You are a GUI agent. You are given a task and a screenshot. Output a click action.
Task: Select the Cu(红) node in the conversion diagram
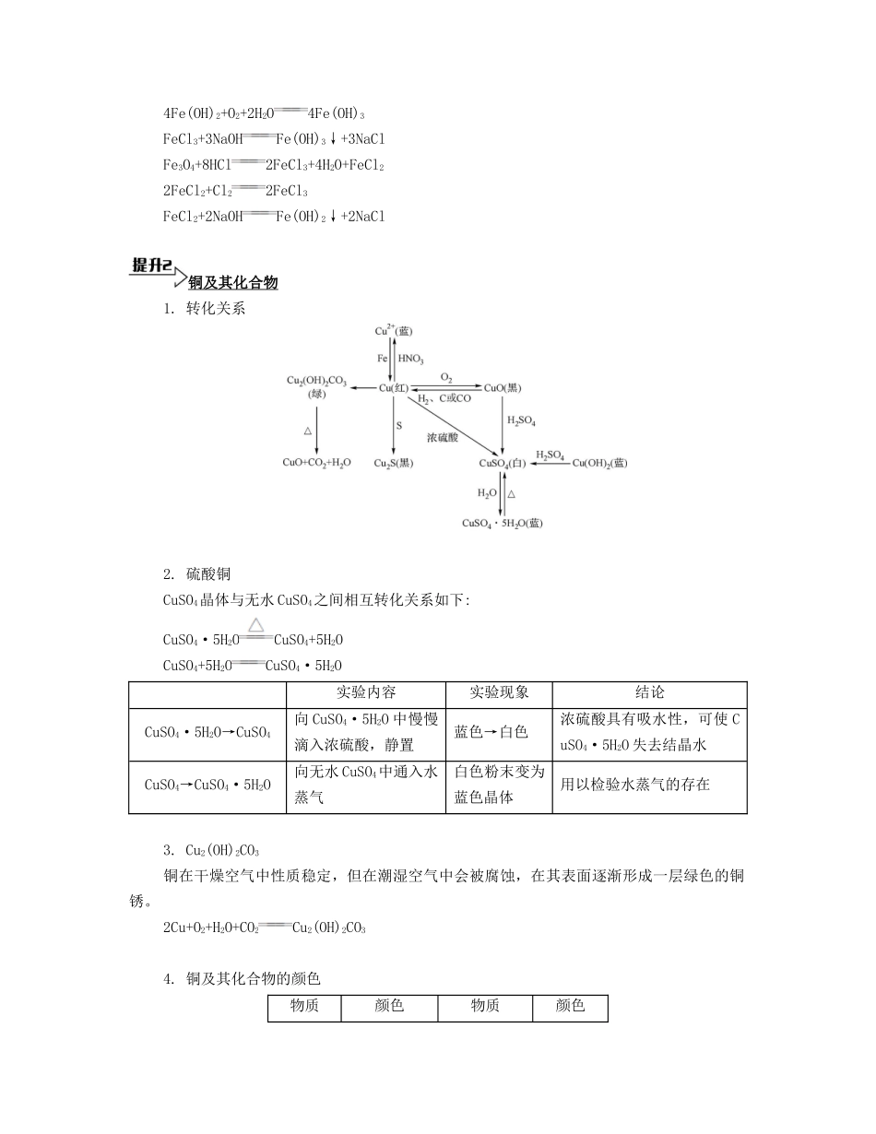click(x=394, y=388)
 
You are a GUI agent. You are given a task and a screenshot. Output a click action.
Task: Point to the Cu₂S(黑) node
click(x=394, y=463)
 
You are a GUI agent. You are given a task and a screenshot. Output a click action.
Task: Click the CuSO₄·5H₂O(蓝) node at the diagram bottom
click(x=503, y=523)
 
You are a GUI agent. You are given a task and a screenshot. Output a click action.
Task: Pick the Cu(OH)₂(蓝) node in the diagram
click(x=599, y=463)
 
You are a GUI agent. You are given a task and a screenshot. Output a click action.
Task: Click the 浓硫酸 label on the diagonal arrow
click(x=443, y=437)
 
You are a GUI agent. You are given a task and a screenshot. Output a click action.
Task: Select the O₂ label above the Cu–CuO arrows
click(x=446, y=378)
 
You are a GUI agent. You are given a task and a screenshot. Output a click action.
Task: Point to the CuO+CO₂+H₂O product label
click(x=316, y=463)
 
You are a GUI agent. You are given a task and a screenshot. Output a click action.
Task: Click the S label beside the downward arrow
click(x=399, y=425)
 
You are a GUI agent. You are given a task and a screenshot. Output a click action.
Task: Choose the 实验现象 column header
click(x=499, y=692)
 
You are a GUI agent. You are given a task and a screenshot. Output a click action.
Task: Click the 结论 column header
click(x=649, y=692)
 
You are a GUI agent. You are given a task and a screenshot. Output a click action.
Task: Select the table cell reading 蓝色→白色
click(x=491, y=732)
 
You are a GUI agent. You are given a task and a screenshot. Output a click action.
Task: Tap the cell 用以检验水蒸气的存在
click(x=635, y=786)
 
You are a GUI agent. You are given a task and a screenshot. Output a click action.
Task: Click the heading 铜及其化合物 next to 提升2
click(x=233, y=283)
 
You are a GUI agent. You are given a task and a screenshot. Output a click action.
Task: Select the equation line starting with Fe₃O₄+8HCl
click(x=273, y=165)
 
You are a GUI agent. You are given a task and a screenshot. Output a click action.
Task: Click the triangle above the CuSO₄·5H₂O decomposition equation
click(x=256, y=625)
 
